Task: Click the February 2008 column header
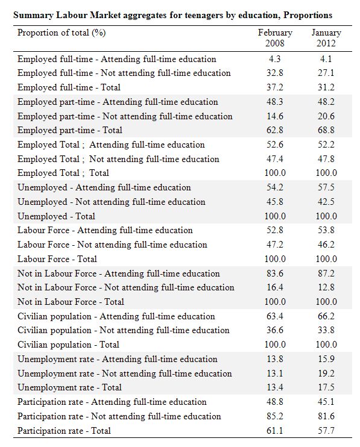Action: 275,38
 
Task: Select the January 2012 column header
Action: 326,38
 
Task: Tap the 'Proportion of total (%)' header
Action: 62,33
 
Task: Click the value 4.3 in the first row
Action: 275,59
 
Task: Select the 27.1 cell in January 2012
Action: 326,73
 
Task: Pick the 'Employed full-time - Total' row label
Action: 69,87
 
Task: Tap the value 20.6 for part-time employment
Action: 326,116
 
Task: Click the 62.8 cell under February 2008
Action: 275,130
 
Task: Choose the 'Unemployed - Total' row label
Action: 56,216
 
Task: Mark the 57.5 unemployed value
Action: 326,187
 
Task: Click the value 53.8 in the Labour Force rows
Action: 326,230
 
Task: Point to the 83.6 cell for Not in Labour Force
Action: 275,274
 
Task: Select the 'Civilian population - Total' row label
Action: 68,345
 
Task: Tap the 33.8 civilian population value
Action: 326,330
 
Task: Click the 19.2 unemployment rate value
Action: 326,374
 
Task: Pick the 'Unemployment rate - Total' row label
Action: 69,387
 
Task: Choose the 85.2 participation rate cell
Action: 275,416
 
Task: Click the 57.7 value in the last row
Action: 326,431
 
